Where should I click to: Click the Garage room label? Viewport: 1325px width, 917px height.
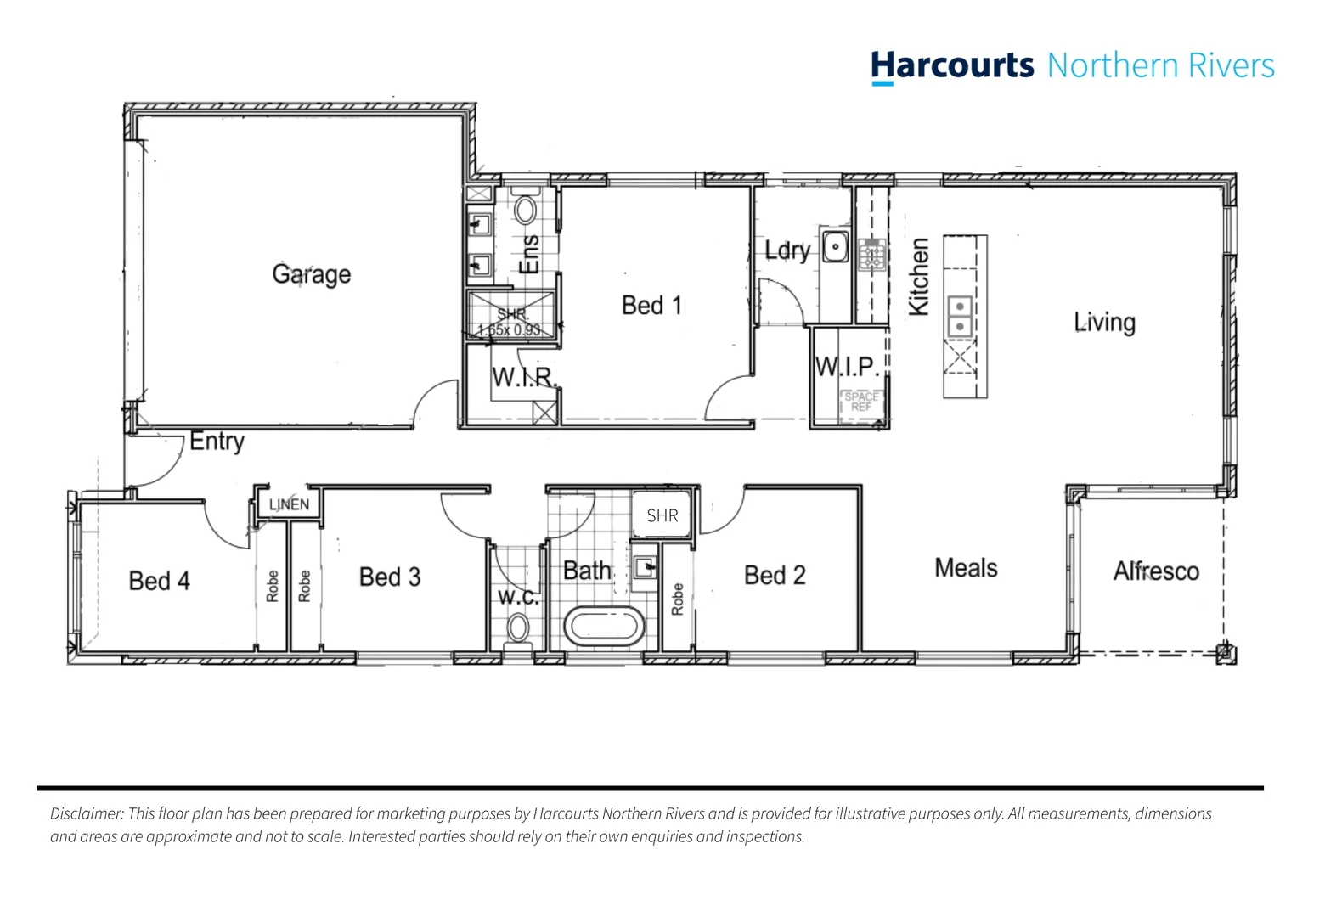[311, 274]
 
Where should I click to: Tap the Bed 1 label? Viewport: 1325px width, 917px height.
[651, 305]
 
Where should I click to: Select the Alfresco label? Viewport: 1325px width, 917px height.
[1156, 571]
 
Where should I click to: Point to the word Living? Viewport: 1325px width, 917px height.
[1104, 323]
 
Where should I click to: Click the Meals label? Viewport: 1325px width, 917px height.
[966, 568]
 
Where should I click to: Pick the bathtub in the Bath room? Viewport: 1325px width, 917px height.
[604, 627]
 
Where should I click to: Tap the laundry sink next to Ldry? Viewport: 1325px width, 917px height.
[835, 247]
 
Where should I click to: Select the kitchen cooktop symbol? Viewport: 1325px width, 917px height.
[871, 254]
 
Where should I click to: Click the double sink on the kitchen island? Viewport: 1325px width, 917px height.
[960, 316]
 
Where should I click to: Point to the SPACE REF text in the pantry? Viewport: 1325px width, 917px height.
[861, 402]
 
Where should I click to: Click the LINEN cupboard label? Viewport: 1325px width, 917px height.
[289, 504]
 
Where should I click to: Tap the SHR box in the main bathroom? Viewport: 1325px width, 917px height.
[662, 515]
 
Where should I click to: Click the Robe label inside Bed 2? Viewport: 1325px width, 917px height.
[677, 599]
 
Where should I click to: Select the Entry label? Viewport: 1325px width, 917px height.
[217, 442]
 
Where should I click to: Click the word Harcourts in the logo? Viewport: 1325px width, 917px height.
[952, 65]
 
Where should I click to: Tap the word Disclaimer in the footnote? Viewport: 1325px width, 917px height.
[87, 813]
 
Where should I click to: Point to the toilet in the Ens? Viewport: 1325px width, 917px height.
[526, 209]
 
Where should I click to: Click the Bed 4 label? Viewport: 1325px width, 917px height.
[159, 581]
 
